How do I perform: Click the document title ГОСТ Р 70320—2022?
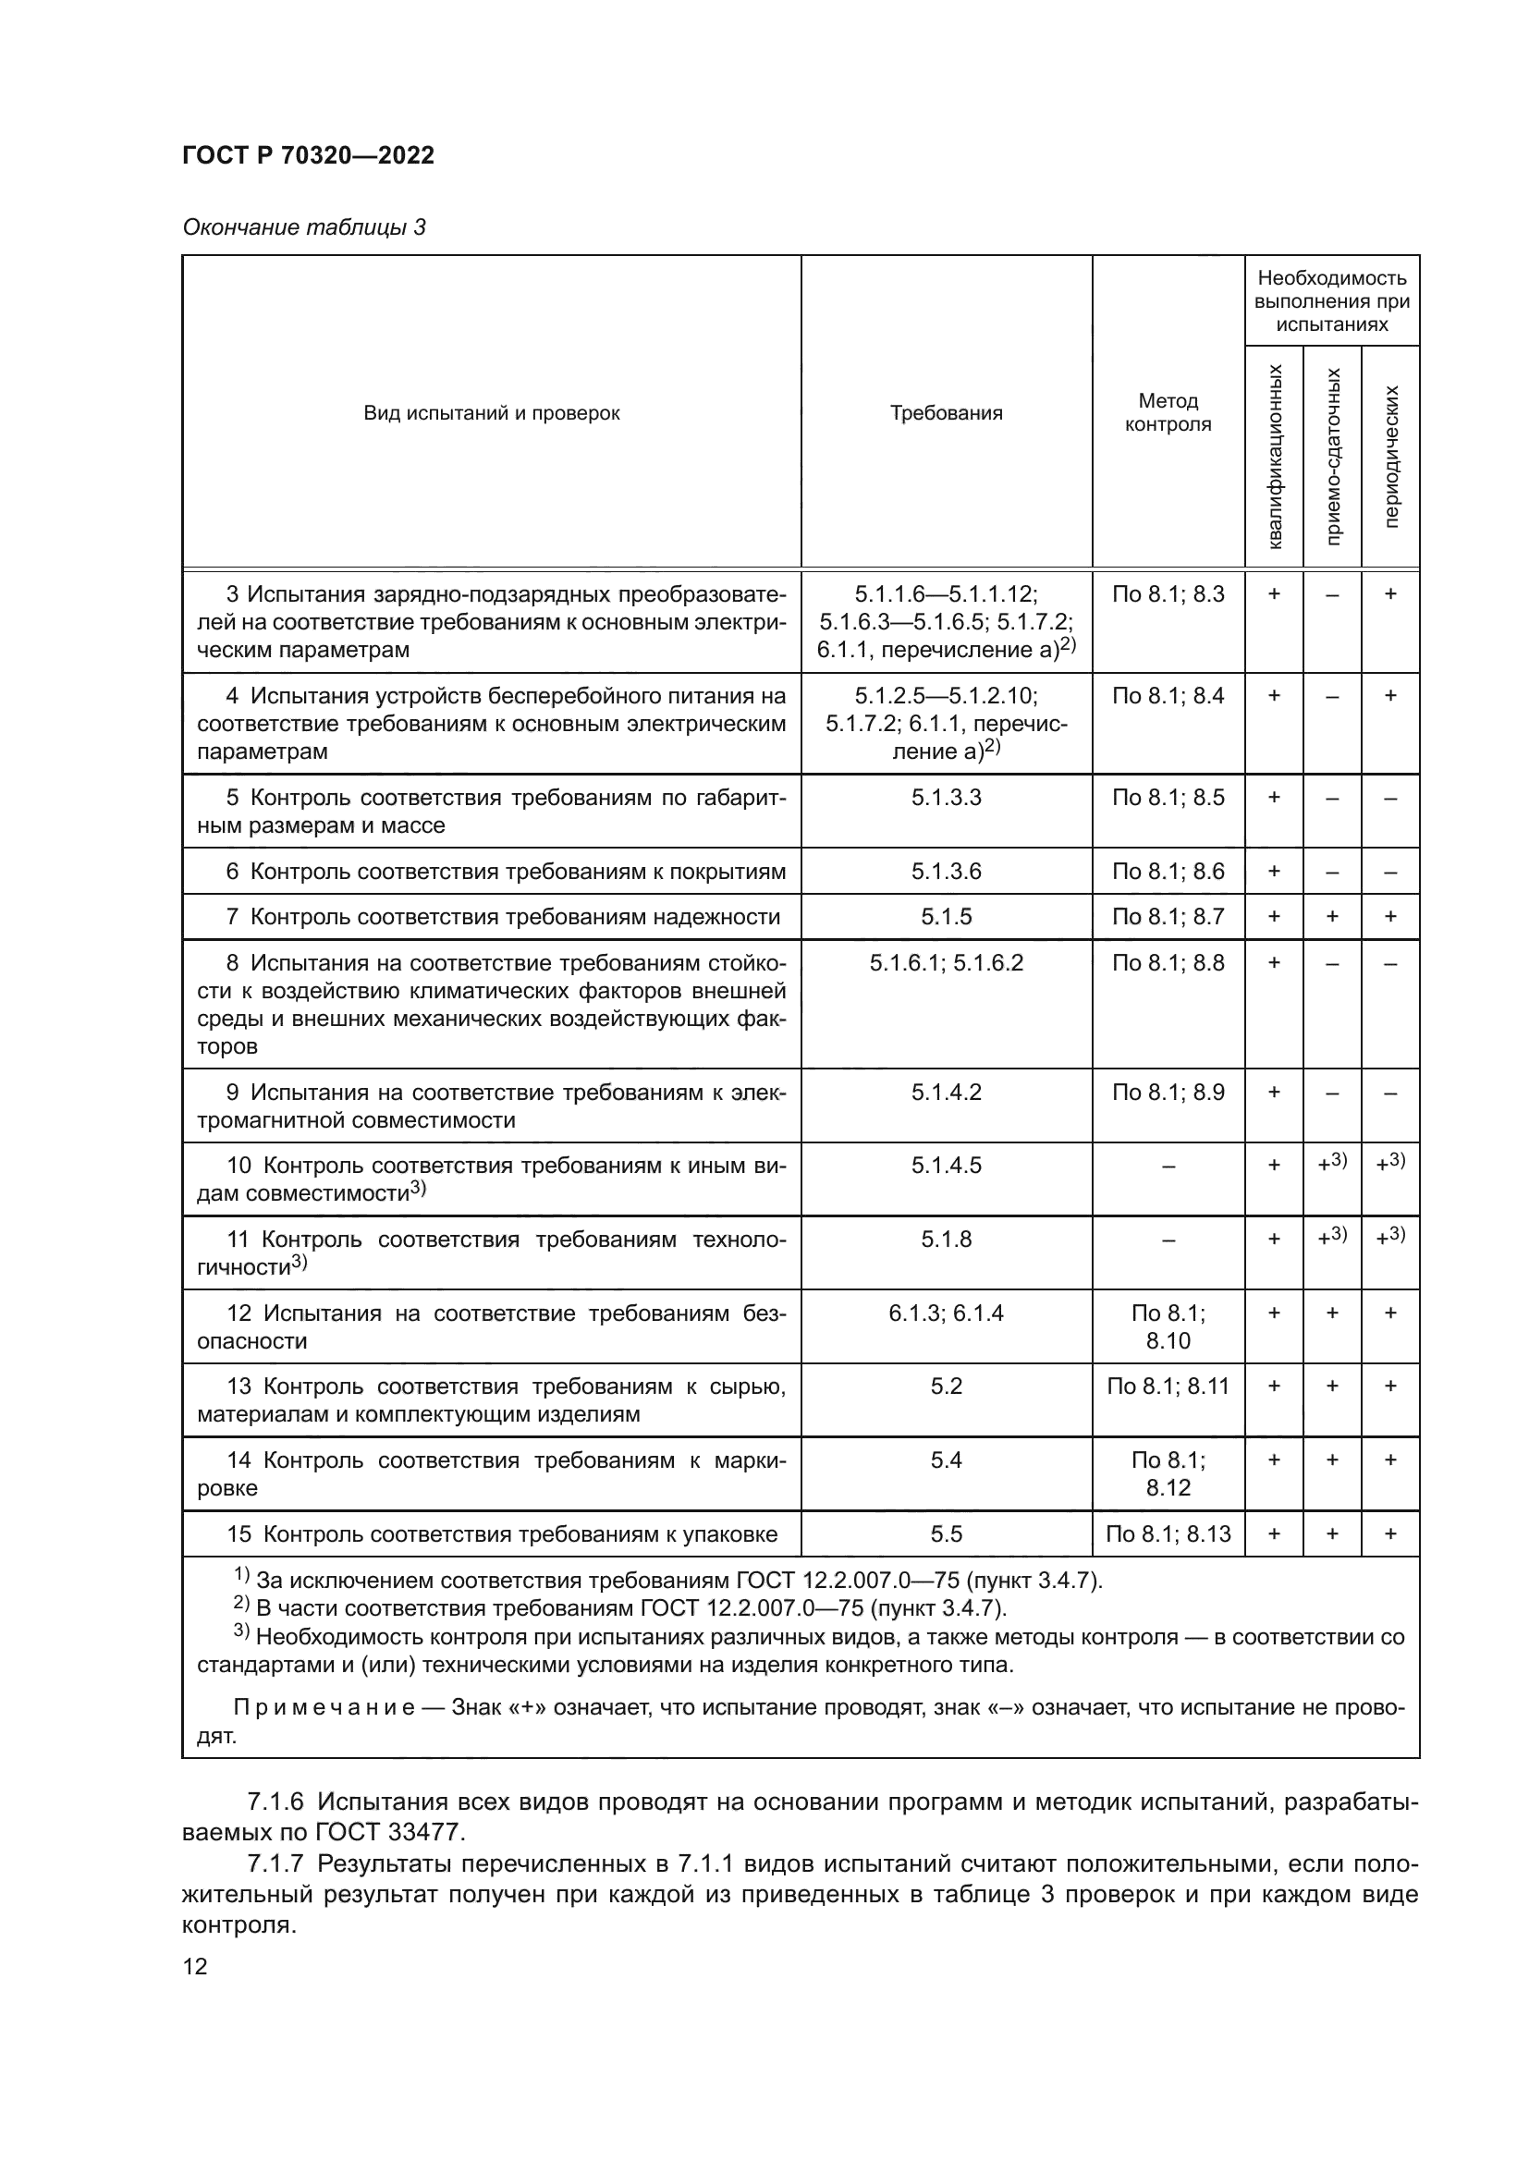click(308, 156)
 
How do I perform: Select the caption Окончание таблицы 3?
click(303, 227)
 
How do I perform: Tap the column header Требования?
click(947, 412)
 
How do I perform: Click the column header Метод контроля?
click(1168, 412)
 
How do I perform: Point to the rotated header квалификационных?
click(1275, 456)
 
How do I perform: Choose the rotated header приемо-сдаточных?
click(1332, 456)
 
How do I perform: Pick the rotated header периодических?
click(1390, 456)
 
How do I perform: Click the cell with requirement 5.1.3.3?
click(947, 798)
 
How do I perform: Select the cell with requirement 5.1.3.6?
click(947, 871)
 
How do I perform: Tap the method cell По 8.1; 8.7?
click(1168, 916)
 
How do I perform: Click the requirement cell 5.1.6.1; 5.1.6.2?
click(947, 962)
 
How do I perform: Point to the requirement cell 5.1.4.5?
click(947, 1165)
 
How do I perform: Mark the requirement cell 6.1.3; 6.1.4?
click(947, 1313)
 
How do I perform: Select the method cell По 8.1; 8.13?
click(1168, 1534)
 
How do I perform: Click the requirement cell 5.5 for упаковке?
click(947, 1534)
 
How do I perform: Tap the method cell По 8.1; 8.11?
click(1168, 1386)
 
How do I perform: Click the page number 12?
click(195, 1965)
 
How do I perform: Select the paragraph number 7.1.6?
click(275, 1802)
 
